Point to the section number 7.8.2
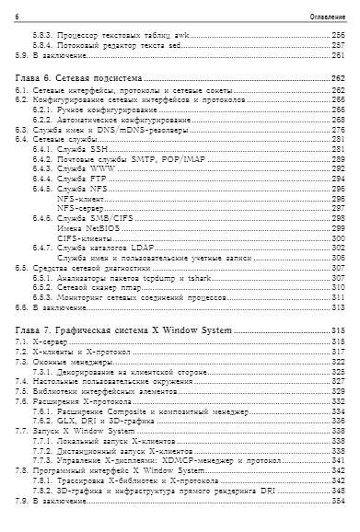click(x=42, y=489)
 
